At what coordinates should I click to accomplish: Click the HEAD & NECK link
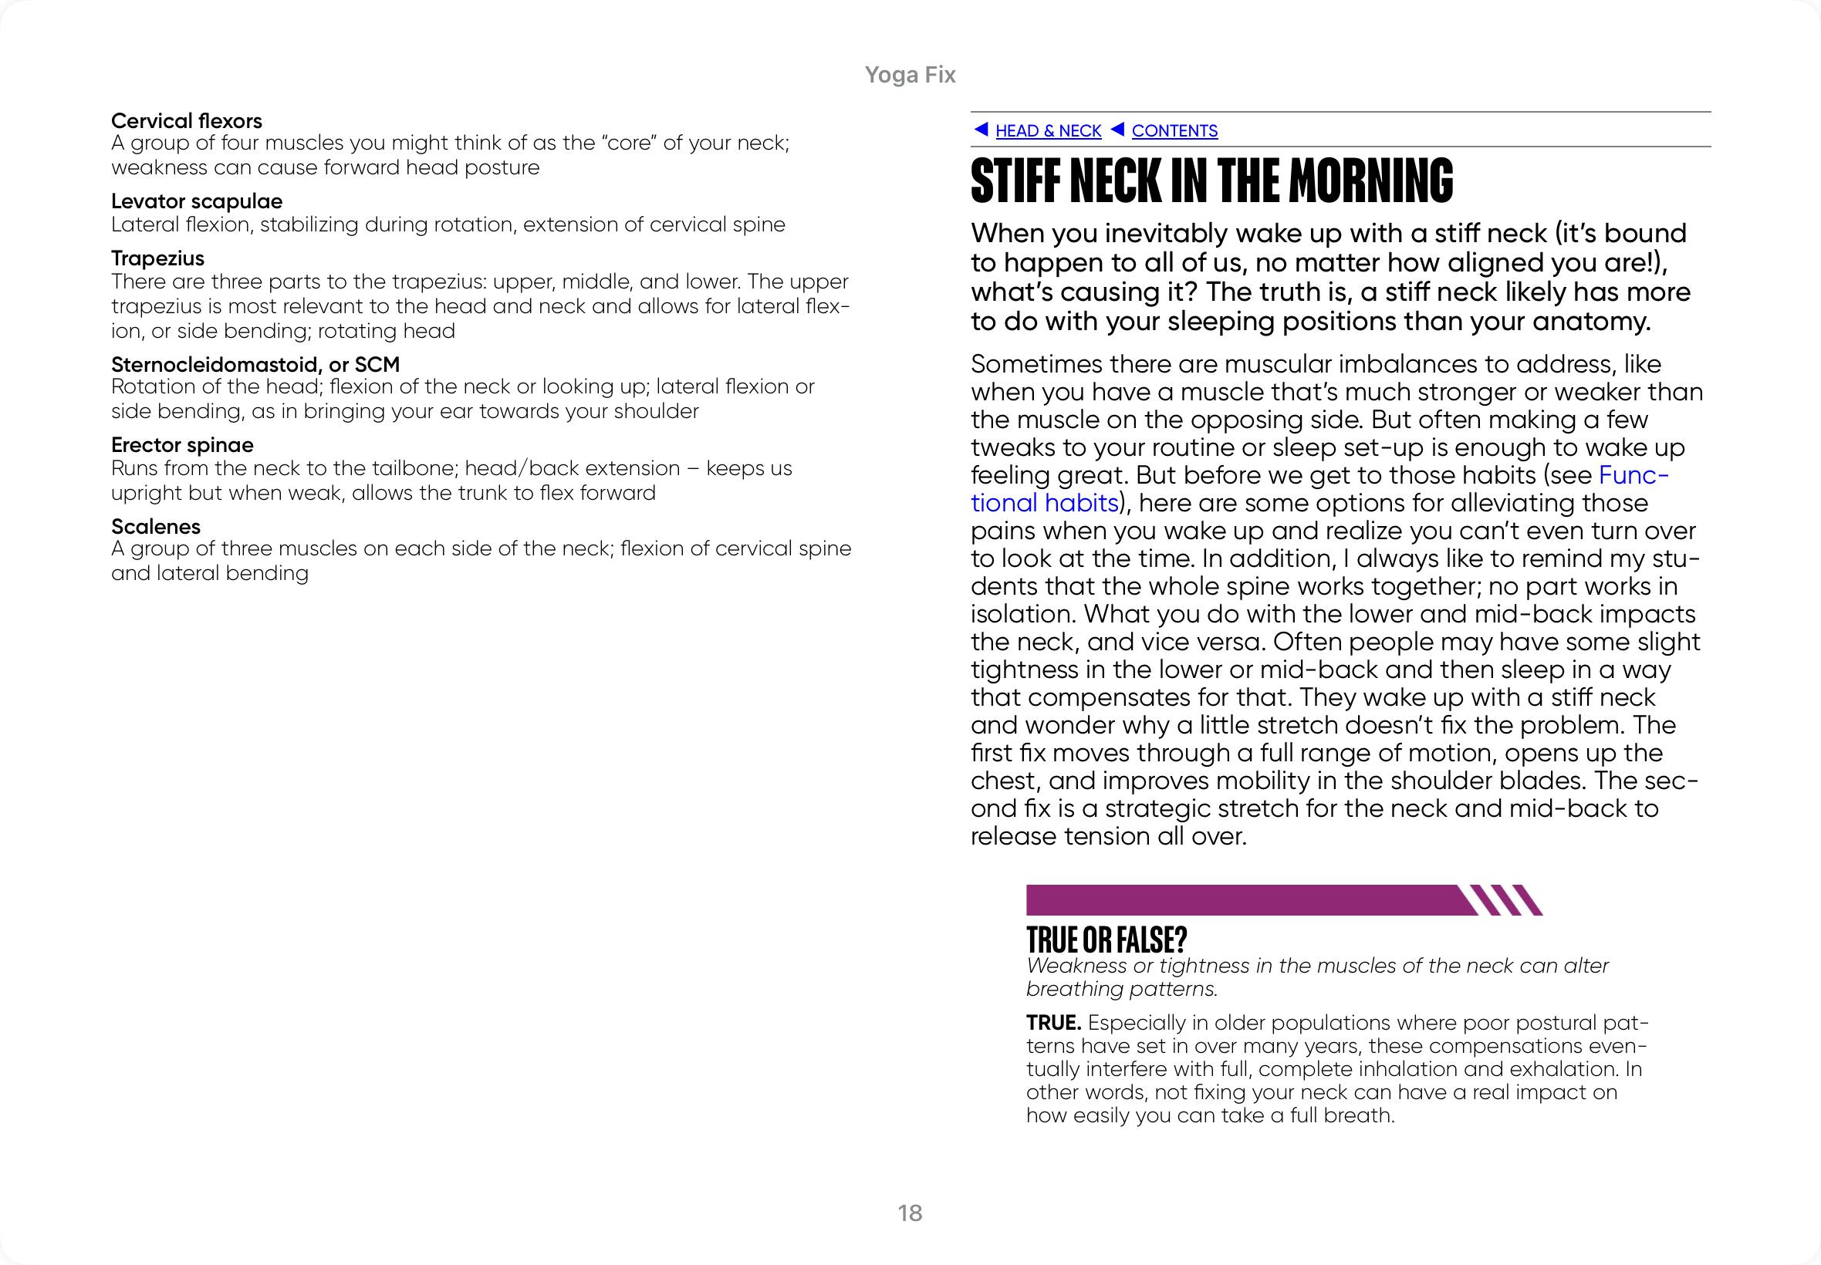tap(1047, 131)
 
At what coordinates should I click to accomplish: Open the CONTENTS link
tap(1174, 131)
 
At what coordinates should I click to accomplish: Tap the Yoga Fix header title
tap(910, 75)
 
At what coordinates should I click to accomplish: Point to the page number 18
tap(910, 1213)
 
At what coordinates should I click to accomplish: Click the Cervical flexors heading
tap(186, 120)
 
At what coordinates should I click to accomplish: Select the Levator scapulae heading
tap(197, 201)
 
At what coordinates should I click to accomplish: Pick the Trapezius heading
tap(157, 258)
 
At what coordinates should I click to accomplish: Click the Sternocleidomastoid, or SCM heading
tap(255, 365)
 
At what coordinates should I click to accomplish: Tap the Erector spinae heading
tap(182, 444)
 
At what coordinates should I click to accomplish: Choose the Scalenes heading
tap(155, 526)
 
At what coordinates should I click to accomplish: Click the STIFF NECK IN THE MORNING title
tap(1211, 180)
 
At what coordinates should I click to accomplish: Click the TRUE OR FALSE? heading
tap(1106, 940)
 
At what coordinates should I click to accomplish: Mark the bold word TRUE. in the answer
tap(1053, 1023)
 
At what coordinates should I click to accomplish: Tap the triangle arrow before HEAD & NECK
tap(981, 129)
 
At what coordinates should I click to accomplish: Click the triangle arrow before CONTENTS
tap(1117, 129)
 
